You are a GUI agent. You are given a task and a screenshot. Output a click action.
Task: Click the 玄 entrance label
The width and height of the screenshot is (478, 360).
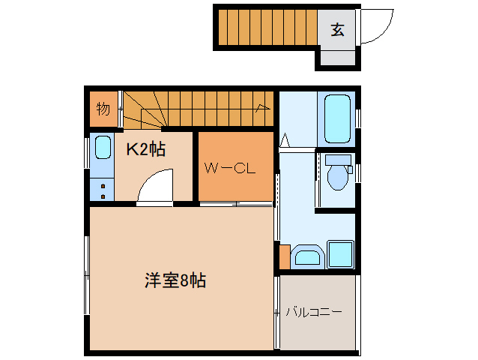pyautogui.click(x=338, y=30)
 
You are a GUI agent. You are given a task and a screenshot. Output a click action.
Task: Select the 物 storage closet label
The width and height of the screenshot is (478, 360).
pyautogui.click(x=103, y=109)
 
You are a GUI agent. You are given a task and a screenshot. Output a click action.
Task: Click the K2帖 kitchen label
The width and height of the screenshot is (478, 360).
pyautogui.click(x=145, y=148)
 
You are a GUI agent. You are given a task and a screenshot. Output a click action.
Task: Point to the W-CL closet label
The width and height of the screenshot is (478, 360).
pyautogui.click(x=230, y=168)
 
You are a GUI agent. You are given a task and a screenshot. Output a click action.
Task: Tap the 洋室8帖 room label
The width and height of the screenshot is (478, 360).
pyautogui.click(x=175, y=281)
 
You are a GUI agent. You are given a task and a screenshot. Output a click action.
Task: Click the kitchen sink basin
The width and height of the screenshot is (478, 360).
pyautogui.click(x=103, y=149)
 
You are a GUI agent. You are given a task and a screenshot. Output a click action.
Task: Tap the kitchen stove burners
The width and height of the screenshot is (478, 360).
pyautogui.click(x=102, y=189)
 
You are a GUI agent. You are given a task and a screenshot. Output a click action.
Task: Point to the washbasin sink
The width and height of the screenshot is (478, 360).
pyautogui.click(x=307, y=257)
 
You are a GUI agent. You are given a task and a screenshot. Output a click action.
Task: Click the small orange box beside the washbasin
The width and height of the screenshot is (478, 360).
pyautogui.click(x=284, y=256)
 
